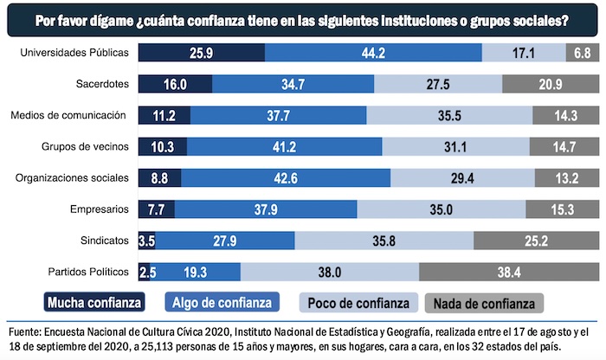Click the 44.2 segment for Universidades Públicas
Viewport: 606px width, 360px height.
(x=373, y=54)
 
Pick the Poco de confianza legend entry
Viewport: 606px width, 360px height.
(x=355, y=302)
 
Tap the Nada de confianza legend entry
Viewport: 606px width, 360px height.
(x=484, y=302)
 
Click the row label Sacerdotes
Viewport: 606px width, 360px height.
(x=101, y=84)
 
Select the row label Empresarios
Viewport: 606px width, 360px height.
(x=101, y=209)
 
